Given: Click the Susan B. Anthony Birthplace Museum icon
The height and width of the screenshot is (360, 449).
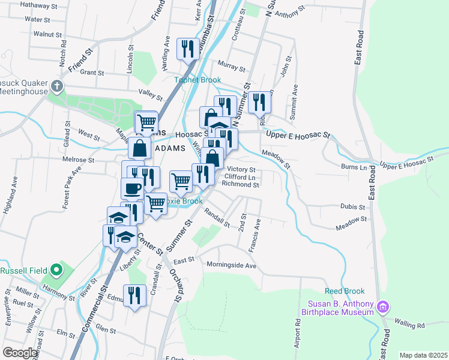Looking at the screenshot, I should point(382,308).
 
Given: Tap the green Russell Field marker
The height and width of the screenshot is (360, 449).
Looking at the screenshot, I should point(56,270).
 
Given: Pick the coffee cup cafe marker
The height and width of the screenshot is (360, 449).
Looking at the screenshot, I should point(133,188).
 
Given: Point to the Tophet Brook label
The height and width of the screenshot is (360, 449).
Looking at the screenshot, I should point(197,80).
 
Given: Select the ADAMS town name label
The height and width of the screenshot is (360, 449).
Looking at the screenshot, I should point(170,148).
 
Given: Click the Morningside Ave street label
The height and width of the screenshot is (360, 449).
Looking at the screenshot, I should point(231,265).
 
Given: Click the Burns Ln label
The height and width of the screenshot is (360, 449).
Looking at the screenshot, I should point(353,166).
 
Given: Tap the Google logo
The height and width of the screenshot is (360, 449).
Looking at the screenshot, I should point(20,353).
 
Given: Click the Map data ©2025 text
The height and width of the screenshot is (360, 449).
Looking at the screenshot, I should point(423,355).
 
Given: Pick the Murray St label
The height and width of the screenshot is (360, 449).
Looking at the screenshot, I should point(232,65).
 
